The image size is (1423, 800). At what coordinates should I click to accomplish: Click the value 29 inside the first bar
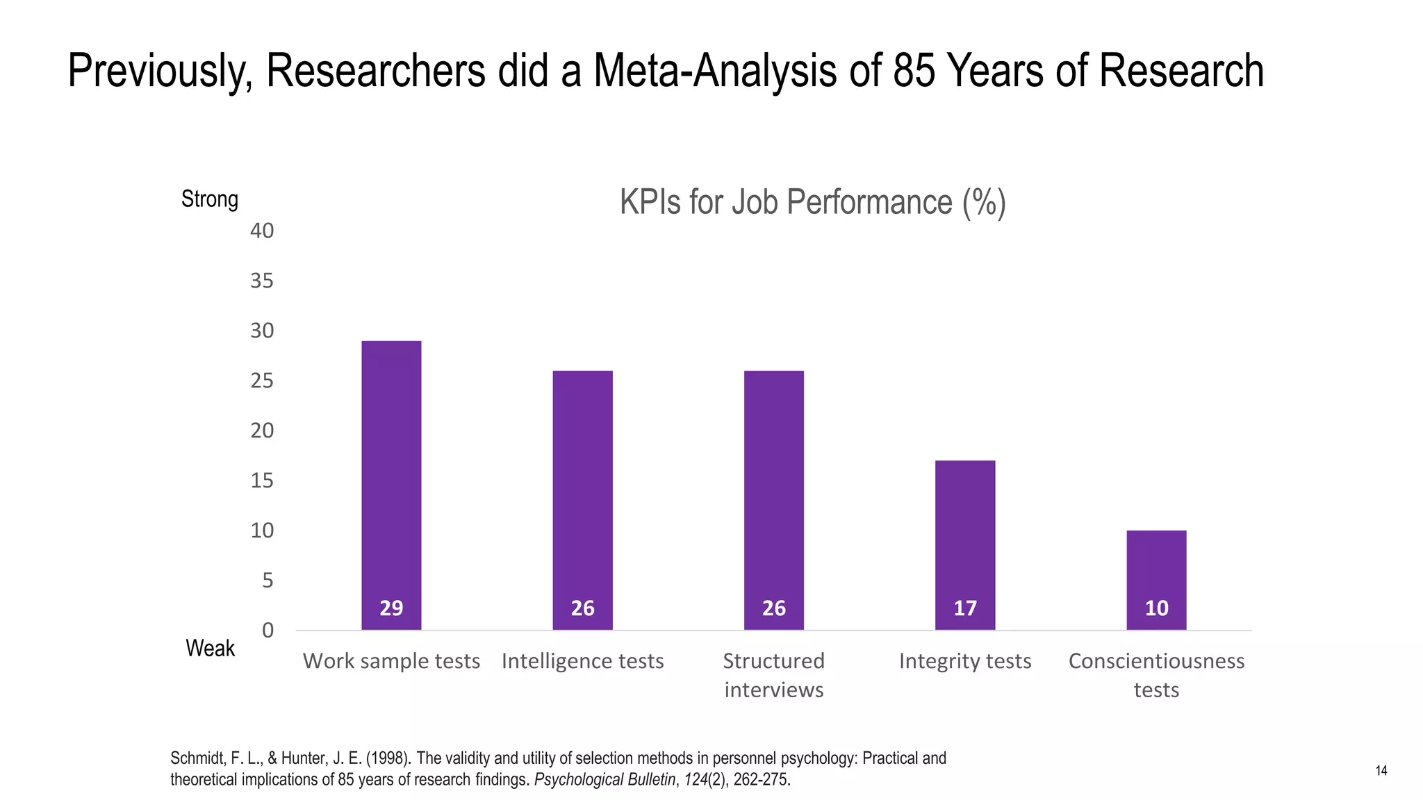pos(391,608)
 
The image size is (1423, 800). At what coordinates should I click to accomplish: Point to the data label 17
pos(965,608)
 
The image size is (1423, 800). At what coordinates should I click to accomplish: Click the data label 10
pos(1156,608)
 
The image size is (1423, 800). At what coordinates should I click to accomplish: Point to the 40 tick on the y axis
pos(262,231)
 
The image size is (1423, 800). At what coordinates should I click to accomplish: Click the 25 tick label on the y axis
pos(262,381)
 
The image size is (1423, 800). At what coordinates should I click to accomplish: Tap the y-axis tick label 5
pos(268,581)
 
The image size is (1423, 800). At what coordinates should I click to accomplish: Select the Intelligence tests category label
pos(582,661)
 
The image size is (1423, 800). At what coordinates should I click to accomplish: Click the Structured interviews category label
pos(773,675)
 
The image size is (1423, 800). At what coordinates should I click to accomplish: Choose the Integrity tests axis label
pos(965,661)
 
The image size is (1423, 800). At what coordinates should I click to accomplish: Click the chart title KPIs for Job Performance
pos(812,203)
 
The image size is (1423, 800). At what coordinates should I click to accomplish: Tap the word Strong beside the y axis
pos(210,199)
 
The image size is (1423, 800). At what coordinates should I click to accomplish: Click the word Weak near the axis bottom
pos(210,649)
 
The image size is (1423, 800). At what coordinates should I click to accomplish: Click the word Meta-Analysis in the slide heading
pos(715,71)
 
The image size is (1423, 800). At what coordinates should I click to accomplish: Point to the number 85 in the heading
pos(914,71)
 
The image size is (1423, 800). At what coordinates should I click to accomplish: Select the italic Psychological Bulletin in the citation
pos(604,780)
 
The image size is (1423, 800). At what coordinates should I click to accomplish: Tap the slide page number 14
pos(1381,771)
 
